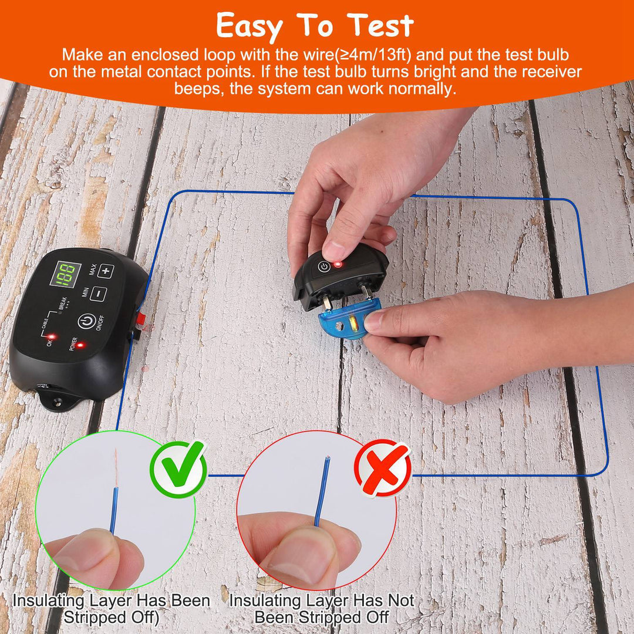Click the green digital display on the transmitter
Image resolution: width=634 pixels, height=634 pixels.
(x=65, y=275)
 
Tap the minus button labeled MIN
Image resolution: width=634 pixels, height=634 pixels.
(x=97, y=294)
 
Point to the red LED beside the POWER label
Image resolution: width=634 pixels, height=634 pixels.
(x=80, y=345)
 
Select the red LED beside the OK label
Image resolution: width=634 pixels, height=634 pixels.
(x=52, y=337)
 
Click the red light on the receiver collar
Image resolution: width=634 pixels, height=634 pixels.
(x=338, y=265)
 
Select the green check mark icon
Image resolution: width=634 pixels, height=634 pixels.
(x=178, y=468)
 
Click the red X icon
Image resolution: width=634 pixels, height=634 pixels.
(x=383, y=468)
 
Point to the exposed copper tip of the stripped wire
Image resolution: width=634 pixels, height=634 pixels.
(x=116, y=464)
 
